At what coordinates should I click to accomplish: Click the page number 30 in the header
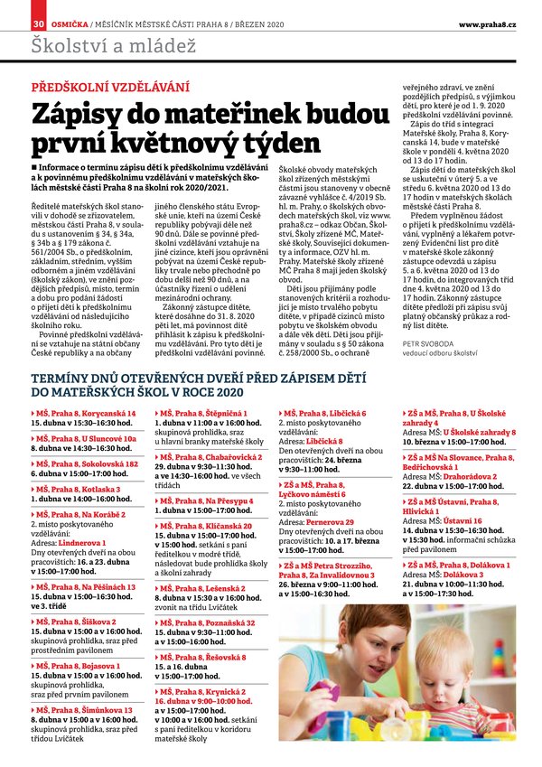click(x=38, y=22)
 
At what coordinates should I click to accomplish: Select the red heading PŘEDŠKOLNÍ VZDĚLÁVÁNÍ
click(x=110, y=88)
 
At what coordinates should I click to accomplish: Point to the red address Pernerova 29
click(x=328, y=522)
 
